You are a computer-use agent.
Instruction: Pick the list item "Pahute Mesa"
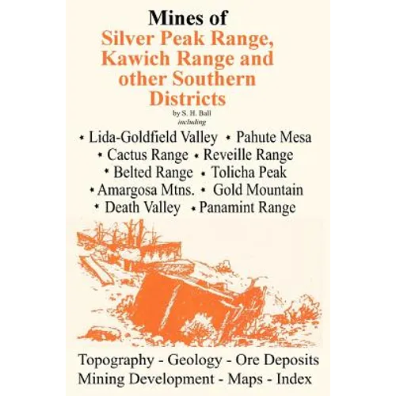pos(268,138)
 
